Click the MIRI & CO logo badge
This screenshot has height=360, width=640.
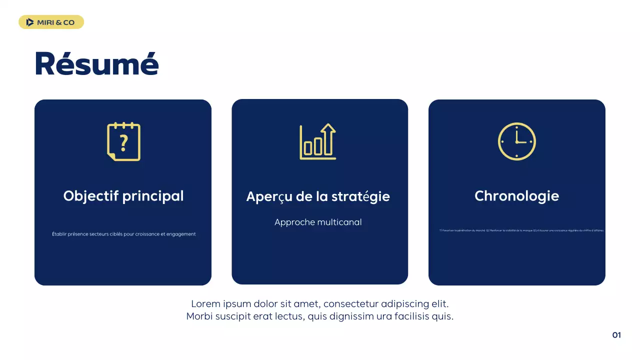click(51, 22)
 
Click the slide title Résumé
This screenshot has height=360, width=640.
click(96, 63)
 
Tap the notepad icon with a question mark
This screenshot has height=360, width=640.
click(123, 142)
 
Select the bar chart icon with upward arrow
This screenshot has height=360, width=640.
click(318, 142)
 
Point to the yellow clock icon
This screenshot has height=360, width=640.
click(516, 141)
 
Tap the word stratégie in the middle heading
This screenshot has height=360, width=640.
click(360, 197)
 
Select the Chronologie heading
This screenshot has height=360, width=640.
click(516, 196)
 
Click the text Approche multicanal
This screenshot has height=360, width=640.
click(318, 222)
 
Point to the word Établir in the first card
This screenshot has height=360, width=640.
click(59, 234)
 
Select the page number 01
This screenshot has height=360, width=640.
click(616, 335)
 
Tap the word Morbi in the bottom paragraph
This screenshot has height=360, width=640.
click(199, 316)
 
